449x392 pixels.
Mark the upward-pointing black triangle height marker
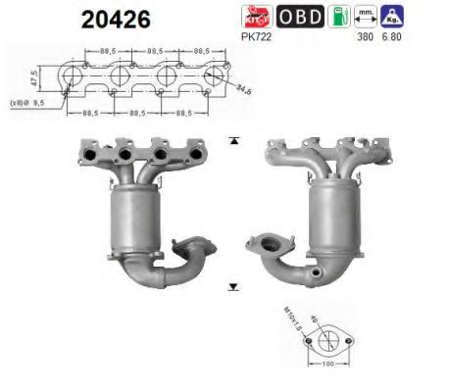point(232,141)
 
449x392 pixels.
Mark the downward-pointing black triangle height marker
point(232,287)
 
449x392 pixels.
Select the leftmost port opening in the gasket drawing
point(71,77)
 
